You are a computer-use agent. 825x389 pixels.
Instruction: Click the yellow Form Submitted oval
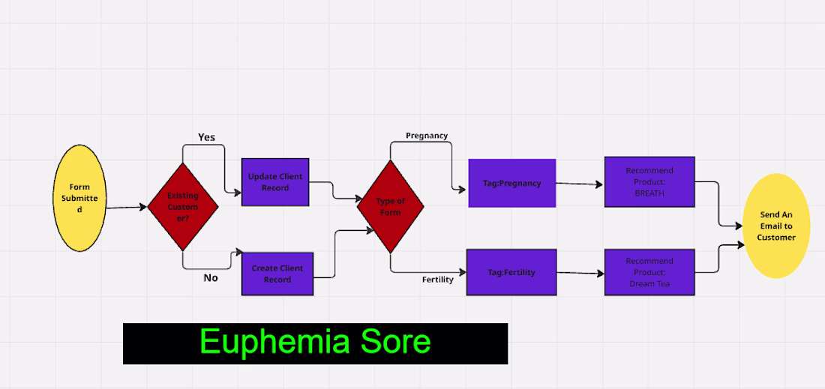pos(80,198)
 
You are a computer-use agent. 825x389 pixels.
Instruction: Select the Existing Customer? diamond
pos(182,207)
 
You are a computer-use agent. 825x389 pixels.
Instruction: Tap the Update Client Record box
pos(275,182)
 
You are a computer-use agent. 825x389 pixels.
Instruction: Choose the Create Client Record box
pos(277,274)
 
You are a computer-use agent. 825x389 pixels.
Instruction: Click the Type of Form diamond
pos(391,207)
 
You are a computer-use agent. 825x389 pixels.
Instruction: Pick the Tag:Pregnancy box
pos(512,183)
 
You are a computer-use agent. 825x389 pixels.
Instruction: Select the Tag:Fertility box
pos(511,272)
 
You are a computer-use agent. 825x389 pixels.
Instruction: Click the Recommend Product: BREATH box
pos(649,182)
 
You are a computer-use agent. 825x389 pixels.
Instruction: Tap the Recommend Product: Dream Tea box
pos(649,272)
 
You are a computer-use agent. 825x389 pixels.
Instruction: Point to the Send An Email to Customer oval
pos(776,226)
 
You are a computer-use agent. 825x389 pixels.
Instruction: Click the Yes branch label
pos(207,137)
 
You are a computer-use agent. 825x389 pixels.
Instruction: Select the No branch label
pos(211,277)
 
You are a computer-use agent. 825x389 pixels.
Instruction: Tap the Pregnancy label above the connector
pos(427,136)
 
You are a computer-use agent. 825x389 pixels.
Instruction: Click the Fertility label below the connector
pos(438,280)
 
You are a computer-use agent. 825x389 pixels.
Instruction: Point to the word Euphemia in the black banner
pos(274,343)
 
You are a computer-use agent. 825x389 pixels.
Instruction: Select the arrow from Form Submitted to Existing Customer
pos(127,208)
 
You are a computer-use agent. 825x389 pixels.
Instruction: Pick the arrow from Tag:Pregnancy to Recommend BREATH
pos(580,184)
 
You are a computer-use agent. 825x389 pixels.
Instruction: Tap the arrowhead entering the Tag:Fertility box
pos(463,272)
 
